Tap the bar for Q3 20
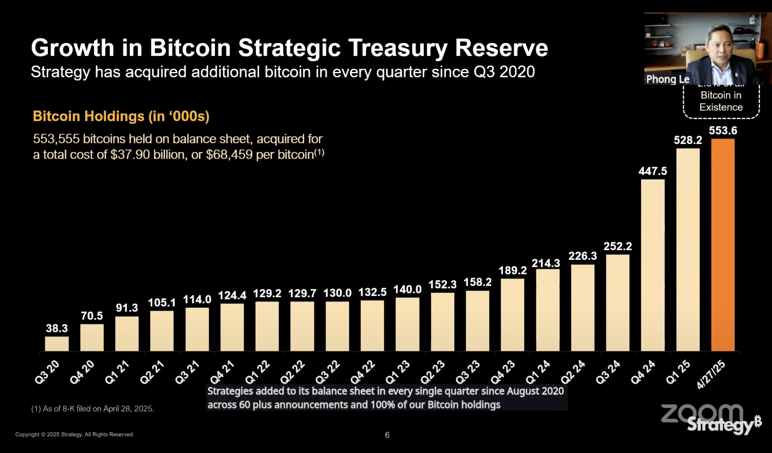pyautogui.click(x=57, y=344)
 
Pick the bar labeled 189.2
pyautogui.click(x=512, y=315)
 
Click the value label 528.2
pyautogui.click(x=688, y=140)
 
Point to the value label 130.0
pyautogui.click(x=337, y=293)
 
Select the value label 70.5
pyautogui.click(x=92, y=316)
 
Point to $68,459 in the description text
pyautogui.click(x=229, y=155)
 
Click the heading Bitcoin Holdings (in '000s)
pyautogui.click(x=121, y=116)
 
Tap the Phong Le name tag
pyautogui.click(x=668, y=79)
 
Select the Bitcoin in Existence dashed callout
pyautogui.click(x=721, y=101)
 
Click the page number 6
pyautogui.click(x=387, y=435)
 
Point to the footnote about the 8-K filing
pyautogui.click(x=93, y=409)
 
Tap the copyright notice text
pyautogui.click(x=74, y=434)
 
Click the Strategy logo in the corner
pyautogui.click(x=723, y=425)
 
